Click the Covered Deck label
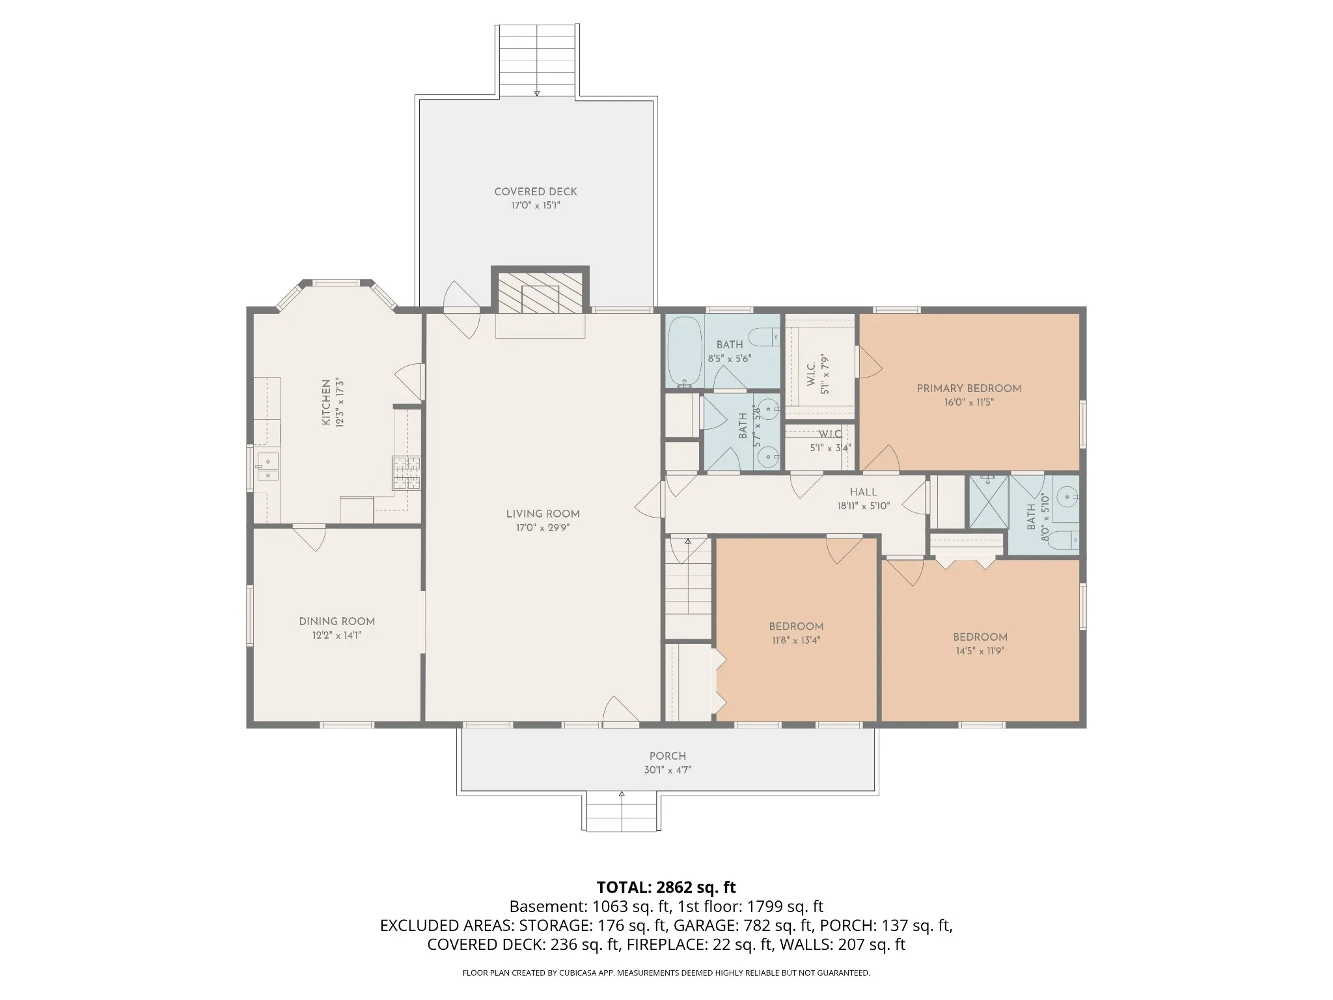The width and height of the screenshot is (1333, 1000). (536, 191)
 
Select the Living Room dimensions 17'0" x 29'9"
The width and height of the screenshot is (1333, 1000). (543, 528)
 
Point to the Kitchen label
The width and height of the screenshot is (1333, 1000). (326, 403)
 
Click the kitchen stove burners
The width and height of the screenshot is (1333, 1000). (405, 473)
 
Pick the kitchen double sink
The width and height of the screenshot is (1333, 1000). (267, 467)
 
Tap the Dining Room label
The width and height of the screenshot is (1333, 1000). (337, 621)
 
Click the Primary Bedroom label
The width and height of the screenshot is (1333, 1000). (969, 388)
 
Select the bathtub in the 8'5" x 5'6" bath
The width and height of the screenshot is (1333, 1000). (685, 352)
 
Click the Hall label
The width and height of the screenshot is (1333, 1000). (864, 492)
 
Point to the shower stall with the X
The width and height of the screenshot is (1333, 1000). (989, 502)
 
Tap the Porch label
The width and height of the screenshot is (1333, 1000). (668, 756)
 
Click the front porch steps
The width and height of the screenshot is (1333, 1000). (622, 812)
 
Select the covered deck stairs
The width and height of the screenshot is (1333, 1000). (537, 61)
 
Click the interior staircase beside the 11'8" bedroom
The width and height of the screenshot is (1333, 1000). (689, 586)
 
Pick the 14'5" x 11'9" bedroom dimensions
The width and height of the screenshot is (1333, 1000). (980, 651)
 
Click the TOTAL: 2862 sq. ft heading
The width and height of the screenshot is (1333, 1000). (666, 887)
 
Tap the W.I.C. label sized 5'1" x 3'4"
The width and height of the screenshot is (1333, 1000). (831, 434)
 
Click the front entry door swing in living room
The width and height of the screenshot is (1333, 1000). (620, 711)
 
